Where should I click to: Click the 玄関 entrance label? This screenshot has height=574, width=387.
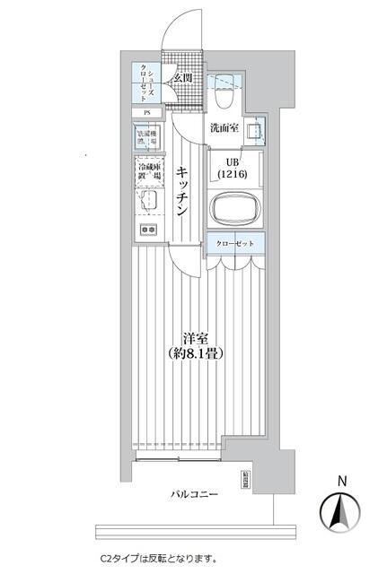(x=183, y=79)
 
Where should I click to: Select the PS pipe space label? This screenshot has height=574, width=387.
(x=147, y=112)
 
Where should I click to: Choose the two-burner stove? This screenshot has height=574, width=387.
(x=147, y=230)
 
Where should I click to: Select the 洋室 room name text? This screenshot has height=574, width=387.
(x=196, y=338)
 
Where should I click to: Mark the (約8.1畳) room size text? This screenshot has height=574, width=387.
(x=196, y=354)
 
